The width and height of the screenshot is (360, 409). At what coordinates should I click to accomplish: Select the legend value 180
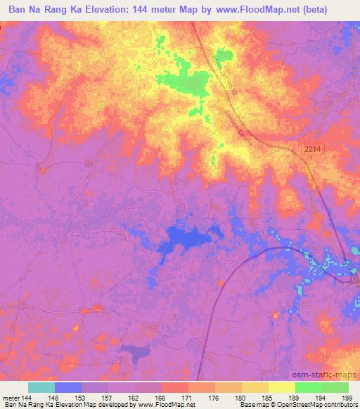coord(243,397)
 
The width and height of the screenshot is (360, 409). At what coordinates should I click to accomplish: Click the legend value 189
coord(297,397)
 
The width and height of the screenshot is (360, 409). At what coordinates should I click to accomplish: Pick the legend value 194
coord(324,397)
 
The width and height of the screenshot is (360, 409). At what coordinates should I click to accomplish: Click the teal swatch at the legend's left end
coord(41,387)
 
